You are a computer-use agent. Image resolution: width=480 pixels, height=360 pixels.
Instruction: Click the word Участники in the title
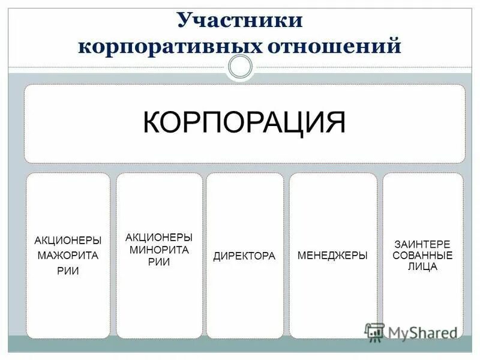[240, 20]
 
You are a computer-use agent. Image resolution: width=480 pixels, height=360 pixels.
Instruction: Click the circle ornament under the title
[241, 67]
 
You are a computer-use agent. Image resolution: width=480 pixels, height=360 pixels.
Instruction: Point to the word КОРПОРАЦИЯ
[244, 122]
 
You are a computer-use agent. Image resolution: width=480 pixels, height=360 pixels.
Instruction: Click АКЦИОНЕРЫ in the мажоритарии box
[68, 241]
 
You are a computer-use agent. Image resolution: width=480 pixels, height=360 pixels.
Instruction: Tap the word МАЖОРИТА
[68, 256]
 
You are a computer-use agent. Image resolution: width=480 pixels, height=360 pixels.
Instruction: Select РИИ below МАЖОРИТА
[68, 271]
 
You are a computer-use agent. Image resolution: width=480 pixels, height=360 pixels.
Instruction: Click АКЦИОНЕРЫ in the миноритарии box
[159, 238]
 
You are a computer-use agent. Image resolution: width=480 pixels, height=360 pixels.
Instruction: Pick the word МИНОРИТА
[159, 250]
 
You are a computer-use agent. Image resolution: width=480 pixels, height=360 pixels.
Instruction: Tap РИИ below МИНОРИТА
[159, 262]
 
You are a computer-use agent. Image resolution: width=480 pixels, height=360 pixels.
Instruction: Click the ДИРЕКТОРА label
[244, 256]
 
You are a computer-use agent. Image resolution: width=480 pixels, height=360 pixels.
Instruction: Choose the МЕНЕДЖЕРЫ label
[332, 256]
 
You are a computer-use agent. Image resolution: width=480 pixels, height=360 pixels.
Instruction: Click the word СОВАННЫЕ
[422, 256]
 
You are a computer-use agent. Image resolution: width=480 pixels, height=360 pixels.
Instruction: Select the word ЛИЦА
[422, 267]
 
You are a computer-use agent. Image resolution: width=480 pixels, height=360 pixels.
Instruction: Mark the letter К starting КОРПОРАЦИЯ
[152, 122]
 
